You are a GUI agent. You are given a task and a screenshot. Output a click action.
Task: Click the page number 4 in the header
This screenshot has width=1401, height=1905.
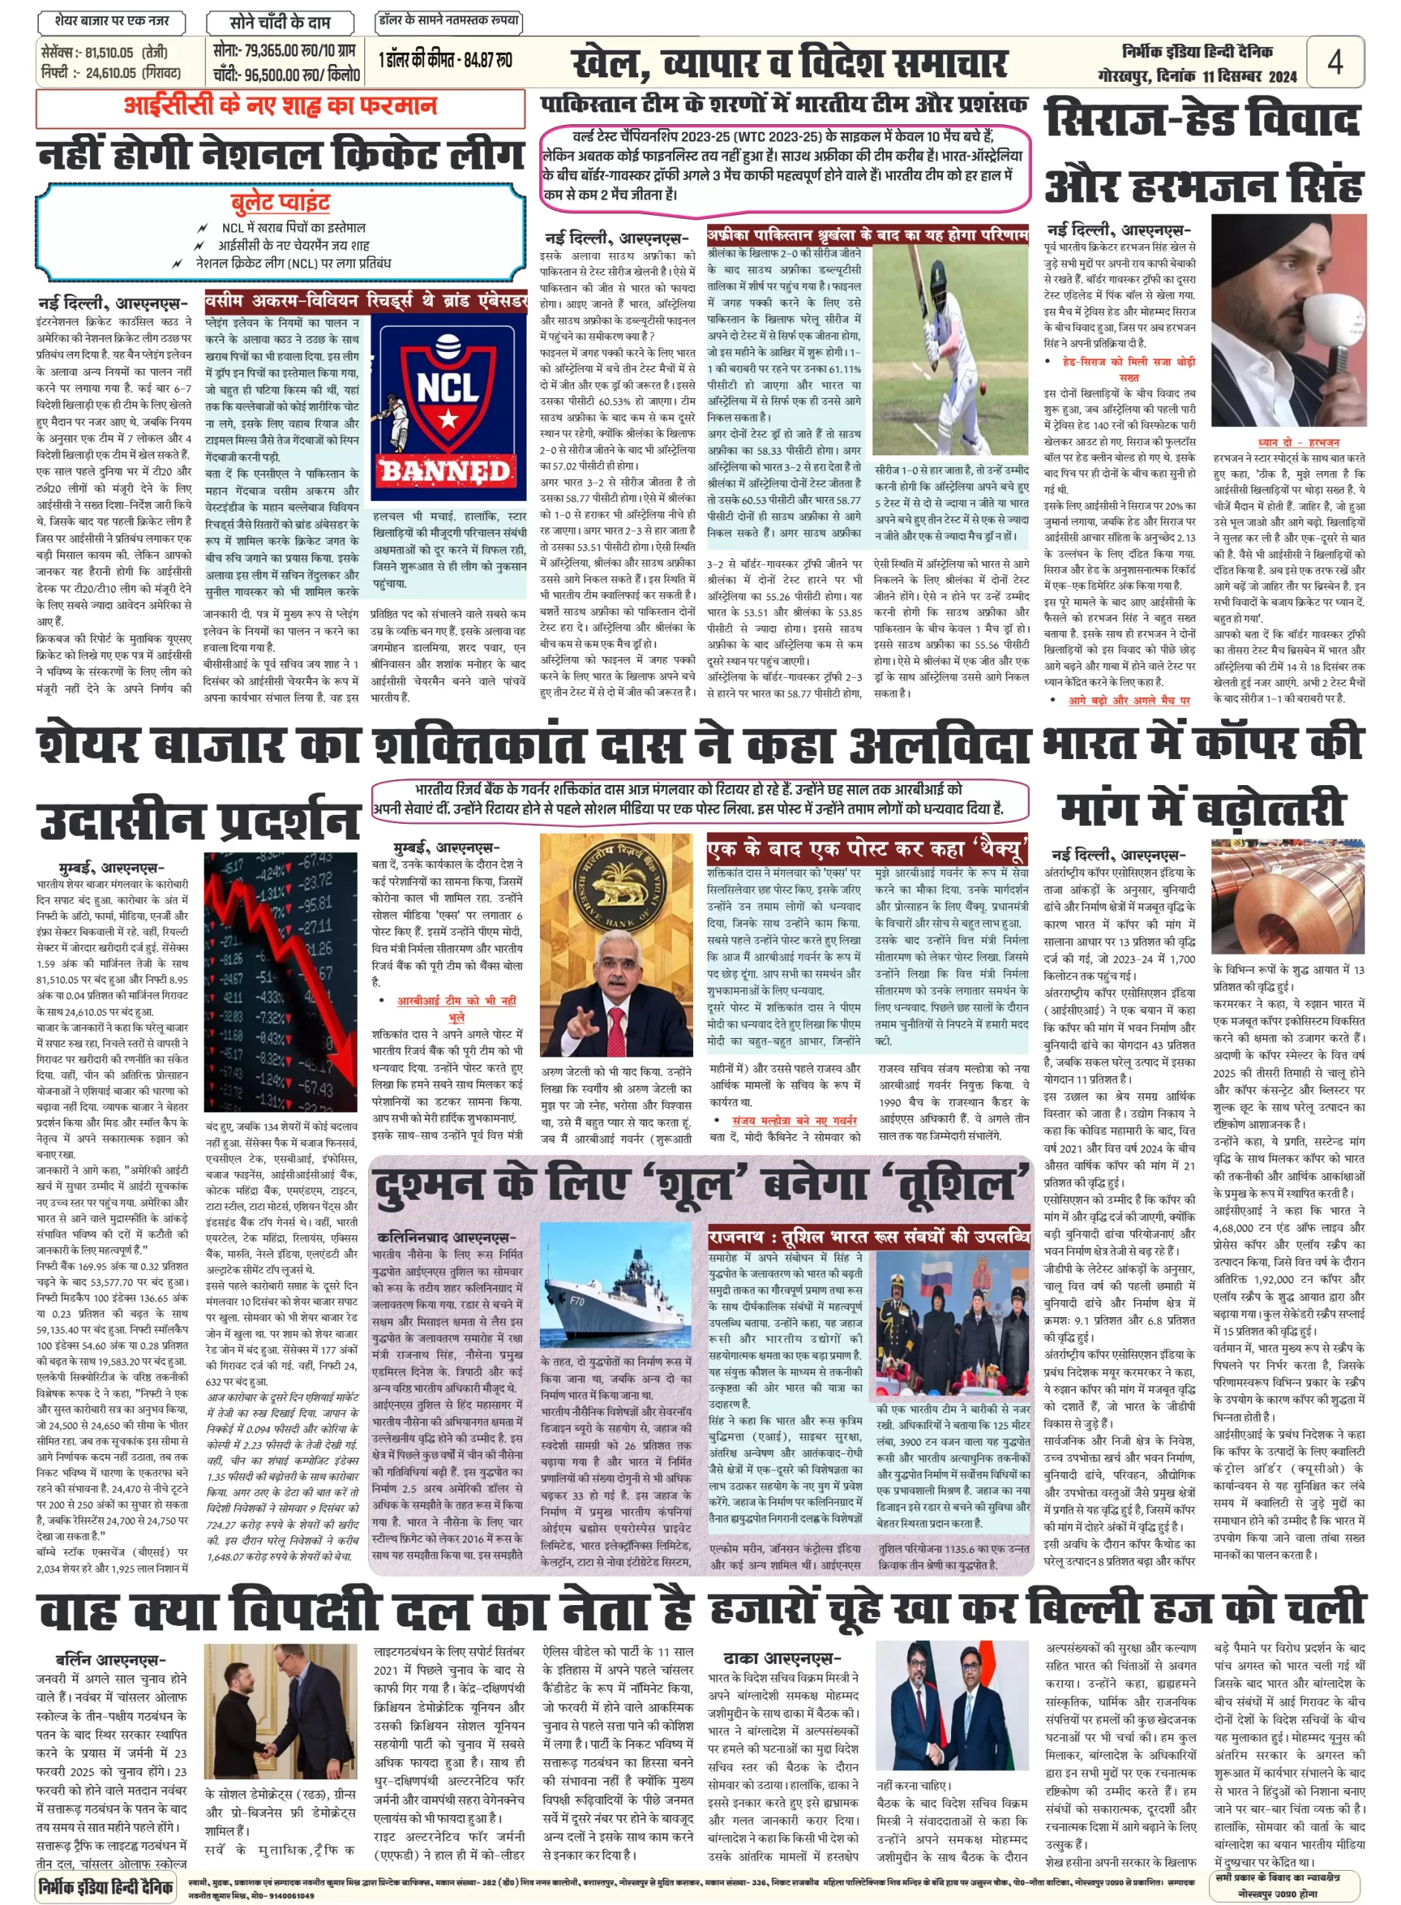[x=1335, y=61]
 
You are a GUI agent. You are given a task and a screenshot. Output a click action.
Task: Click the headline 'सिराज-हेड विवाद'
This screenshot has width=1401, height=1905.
[x=1202, y=120]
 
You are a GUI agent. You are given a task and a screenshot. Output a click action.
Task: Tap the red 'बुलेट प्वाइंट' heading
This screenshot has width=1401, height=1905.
[x=280, y=202]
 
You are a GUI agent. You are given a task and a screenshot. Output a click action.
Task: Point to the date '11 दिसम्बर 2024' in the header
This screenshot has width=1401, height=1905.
[x=1249, y=77]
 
